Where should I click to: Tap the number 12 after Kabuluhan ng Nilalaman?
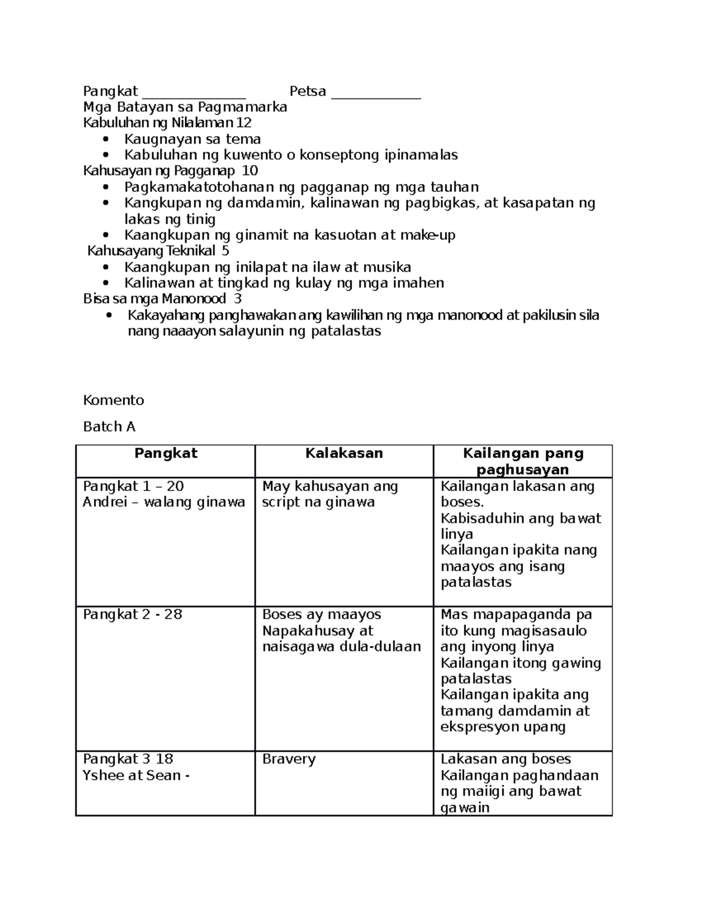click(x=244, y=123)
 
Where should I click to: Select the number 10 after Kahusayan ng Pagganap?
click(x=250, y=171)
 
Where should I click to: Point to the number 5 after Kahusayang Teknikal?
click(x=226, y=251)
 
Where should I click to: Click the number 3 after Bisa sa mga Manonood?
click(x=238, y=299)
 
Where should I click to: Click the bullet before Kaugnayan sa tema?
click(x=105, y=139)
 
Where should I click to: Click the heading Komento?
click(x=113, y=400)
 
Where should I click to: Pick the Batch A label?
click(x=109, y=427)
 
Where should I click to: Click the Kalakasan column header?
click(x=344, y=453)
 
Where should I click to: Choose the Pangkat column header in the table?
click(x=166, y=453)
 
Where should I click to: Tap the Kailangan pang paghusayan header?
click(x=522, y=461)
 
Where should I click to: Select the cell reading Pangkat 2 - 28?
click(x=133, y=615)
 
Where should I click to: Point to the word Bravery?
click(x=289, y=759)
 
